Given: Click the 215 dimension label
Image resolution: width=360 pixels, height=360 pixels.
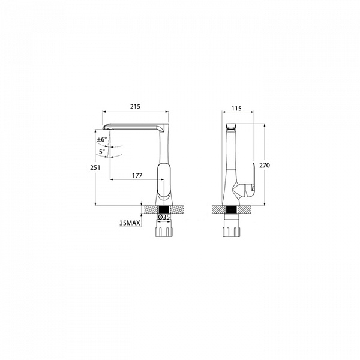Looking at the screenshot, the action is point(135,107).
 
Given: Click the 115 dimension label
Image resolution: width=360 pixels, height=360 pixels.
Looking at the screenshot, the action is point(237,109).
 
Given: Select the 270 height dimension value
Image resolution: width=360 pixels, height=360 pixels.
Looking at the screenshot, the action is point(265,166).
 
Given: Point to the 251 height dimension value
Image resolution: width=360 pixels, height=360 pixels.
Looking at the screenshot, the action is point(95,167).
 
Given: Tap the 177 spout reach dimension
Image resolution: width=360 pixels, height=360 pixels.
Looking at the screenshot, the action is point(137,176).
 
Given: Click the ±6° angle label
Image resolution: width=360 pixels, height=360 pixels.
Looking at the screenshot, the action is point(102,139).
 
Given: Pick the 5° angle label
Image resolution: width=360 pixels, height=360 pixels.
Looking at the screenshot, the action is point(102,152).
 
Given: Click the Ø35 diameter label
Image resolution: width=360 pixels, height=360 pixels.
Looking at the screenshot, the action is point(164,217).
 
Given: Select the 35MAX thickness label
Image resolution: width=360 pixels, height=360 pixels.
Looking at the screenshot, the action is point(130,223).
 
